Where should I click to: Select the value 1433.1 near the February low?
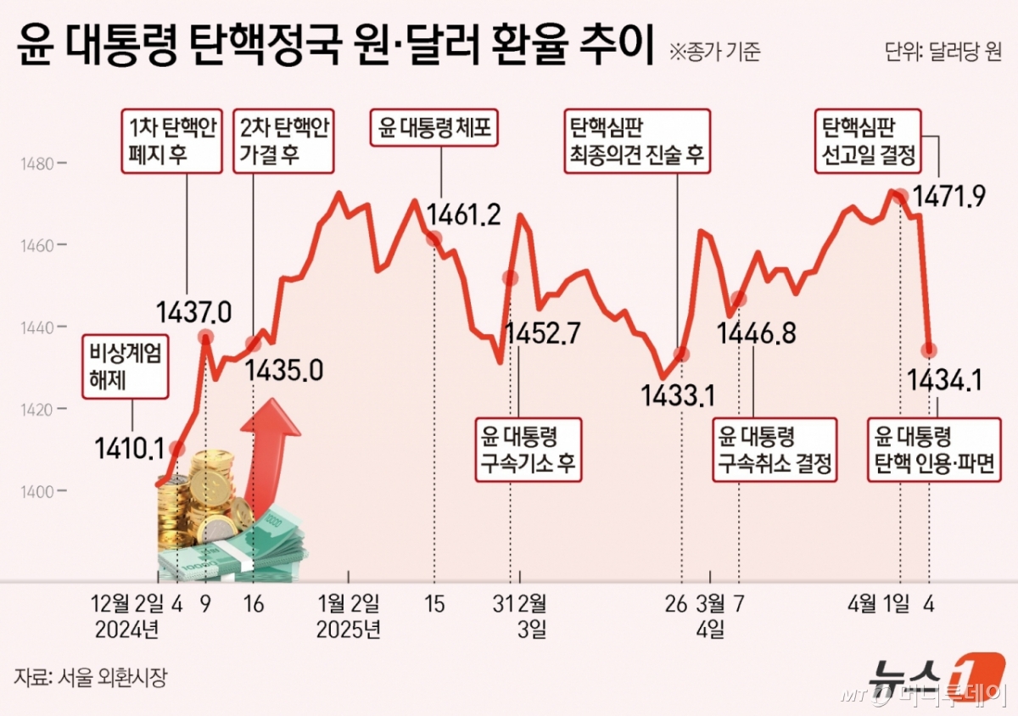pyautogui.click(x=678, y=394)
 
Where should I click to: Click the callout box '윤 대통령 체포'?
pyautogui.click(x=435, y=129)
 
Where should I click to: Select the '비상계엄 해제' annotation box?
pyautogui.click(x=126, y=366)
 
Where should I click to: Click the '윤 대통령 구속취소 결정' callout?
pyautogui.click(x=774, y=450)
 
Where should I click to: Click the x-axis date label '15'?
pyautogui.click(x=434, y=605)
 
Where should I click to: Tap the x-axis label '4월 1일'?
pyautogui.click(x=879, y=605)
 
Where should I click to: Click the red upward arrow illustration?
pyautogui.click(x=271, y=454)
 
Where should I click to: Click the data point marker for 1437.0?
pyautogui.click(x=205, y=337)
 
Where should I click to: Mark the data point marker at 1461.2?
pyautogui.click(x=433, y=238)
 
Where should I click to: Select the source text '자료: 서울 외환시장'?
pyautogui.click(x=92, y=677)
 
